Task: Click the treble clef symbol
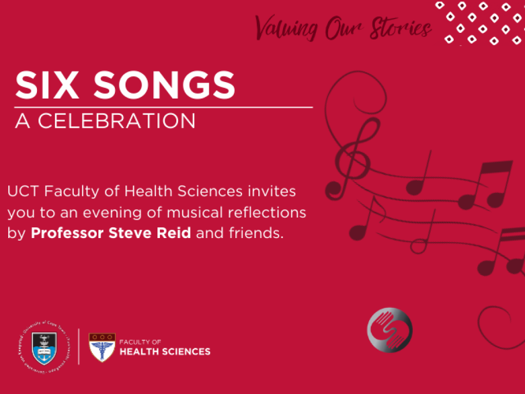click(x=354, y=154)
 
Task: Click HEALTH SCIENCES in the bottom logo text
click(x=165, y=351)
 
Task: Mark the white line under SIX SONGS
click(x=164, y=107)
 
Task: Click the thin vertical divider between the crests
click(x=78, y=346)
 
